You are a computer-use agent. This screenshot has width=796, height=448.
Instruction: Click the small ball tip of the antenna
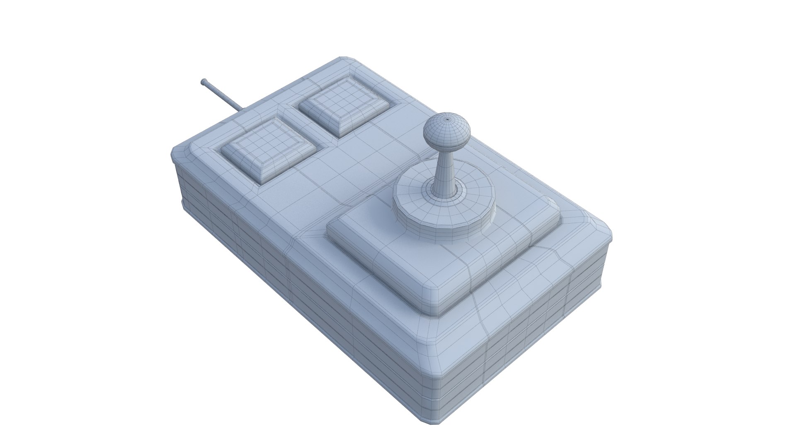[x=204, y=82]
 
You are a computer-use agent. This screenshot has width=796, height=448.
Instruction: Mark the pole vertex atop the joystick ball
[x=448, y=118]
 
